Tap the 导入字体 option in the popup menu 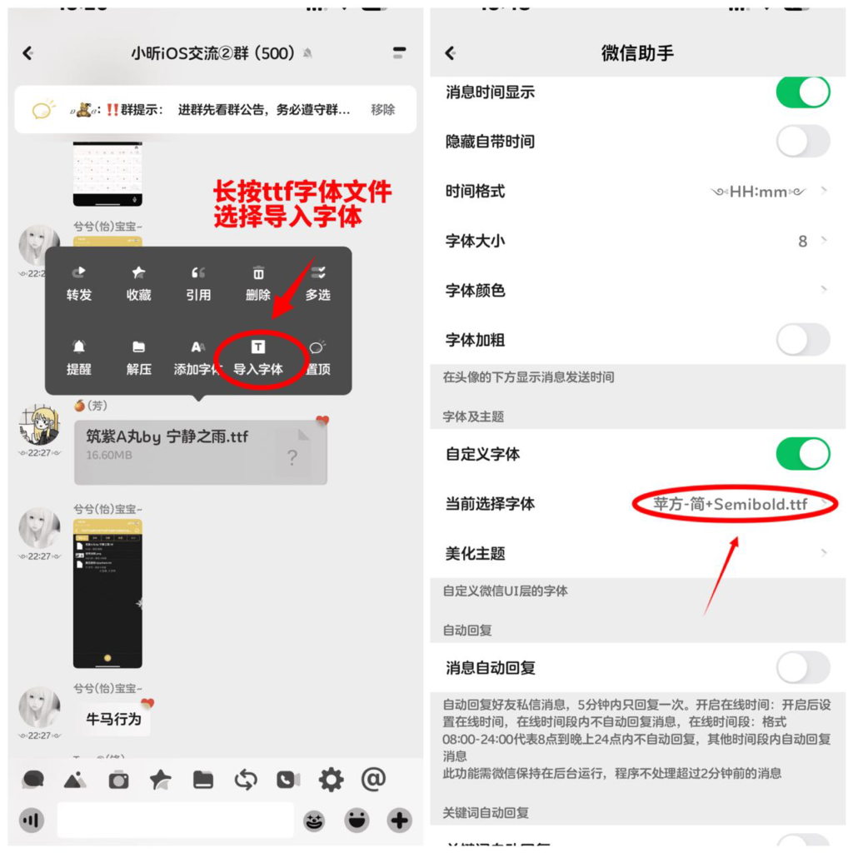pyautogui.click(x=258, y=357)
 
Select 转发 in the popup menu pyautogui.click(x=79, y=283)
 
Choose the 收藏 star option pyautogui.click(x=138, y=283)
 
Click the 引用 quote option pyautogui.click(x=198, y=283)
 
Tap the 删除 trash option pyautogui.click(x=258, y=283)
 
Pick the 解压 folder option pyautogui.click(x=138, y=357)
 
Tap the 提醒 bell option pyautogui.click(x=79, y=357)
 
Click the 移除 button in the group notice pyautogui.click(x=383, y=109)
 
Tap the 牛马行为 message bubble pyautogui.click(x=114, y=719)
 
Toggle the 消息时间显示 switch pyautogui.click(x=803, y=92)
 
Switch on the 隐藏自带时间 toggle pyautogui.click(x=803, y=142)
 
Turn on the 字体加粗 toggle pyautogui.click(x=803, y=340)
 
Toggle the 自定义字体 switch pyautogui.click(x=803, y=454)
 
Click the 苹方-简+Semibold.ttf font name pyautogui.click(x=731, y=504)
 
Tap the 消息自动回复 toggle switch pyautogui.click(x=803, y=667)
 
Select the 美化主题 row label pyautogui.click(x=476, y=554)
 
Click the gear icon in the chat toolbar pyautogui.click(x=331, y=780)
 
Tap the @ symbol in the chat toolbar pyautogui.click(x=373, y=779)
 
